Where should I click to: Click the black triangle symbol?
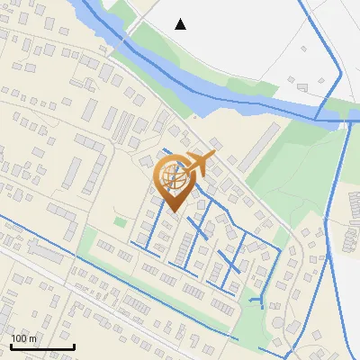pos(181,24)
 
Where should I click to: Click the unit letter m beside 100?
pos(33,338)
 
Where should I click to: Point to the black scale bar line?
pos(42,346)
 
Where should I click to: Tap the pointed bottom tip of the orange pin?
pos(173,211)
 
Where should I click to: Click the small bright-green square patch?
pos(120,221)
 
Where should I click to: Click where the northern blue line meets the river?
pos(317,115)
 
